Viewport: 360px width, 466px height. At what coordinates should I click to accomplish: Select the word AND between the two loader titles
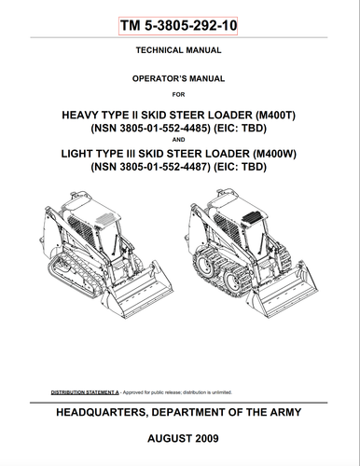(179, 142)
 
